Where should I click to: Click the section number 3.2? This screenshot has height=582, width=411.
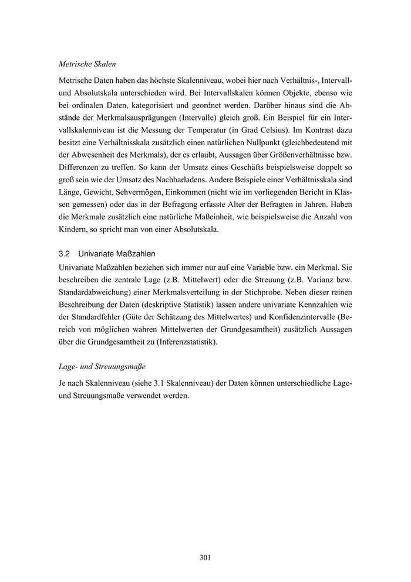point(65,254)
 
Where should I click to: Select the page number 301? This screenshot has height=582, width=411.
point(205,557)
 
